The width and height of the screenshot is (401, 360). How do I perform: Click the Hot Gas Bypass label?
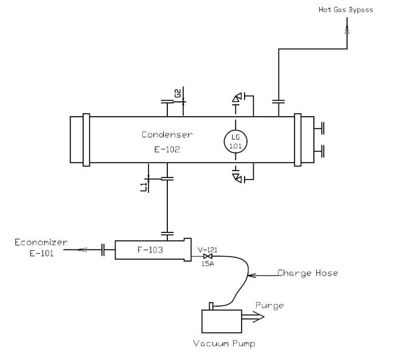(345, 10)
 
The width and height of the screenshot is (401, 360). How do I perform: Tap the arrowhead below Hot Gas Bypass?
(345, 26)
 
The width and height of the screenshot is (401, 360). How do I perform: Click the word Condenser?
(167, 134)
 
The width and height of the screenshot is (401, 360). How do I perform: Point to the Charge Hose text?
(308, 273)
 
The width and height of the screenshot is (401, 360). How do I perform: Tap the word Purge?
(269, 305)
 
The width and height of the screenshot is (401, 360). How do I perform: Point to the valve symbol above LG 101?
(236, 100)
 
